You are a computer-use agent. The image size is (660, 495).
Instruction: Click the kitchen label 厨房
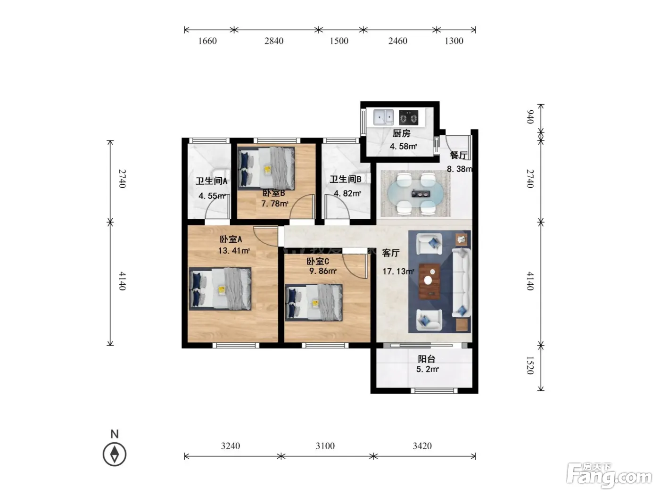[401, 133]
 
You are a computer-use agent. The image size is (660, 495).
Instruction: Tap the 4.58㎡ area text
[403, 146]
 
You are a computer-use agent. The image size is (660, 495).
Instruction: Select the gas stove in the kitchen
[408, 117]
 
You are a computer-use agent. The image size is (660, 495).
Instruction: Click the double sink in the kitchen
[383, 117]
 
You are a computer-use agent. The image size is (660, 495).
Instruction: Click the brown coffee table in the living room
[429, 281]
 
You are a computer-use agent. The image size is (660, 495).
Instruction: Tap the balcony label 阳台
[426, 359]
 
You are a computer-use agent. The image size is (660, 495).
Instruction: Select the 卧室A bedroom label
[231, 239]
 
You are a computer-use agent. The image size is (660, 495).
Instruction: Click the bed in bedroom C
[313, 303]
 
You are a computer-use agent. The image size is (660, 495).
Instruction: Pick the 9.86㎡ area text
[322, 271]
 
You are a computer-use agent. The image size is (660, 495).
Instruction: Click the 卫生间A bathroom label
[212, 181]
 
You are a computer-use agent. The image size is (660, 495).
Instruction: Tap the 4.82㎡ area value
[347, 193]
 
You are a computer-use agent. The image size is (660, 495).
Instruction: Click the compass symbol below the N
[115, 454]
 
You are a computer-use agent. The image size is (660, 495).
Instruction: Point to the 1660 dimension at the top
[207, 41]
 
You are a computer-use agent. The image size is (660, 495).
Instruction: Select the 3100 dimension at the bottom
[325, 446]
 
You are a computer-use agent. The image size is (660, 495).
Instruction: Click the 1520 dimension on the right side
[530, 365]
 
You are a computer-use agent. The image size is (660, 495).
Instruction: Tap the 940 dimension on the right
[530, 117]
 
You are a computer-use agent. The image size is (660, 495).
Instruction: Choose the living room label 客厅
[391, 253]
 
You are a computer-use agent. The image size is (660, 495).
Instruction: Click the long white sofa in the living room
[462, 282]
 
